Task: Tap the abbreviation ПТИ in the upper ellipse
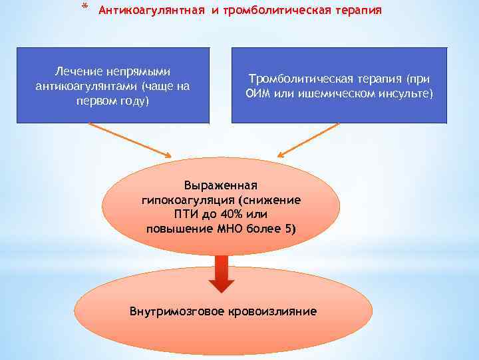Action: pos(186,215)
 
